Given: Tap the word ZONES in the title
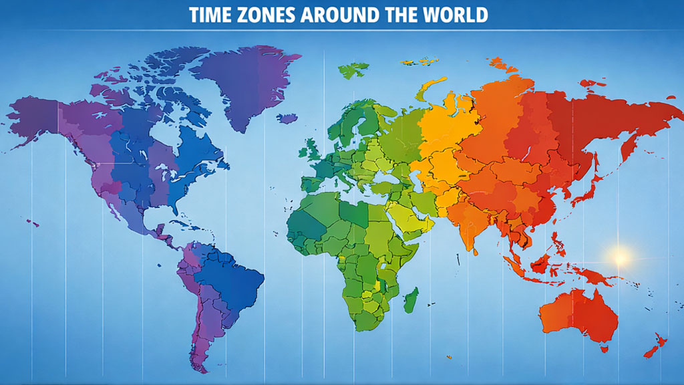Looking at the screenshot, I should (267, 15).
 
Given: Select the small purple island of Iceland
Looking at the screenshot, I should (287, 118).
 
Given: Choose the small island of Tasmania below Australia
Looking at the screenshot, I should (604, 348).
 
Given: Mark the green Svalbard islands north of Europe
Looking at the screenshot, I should (354, 68).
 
